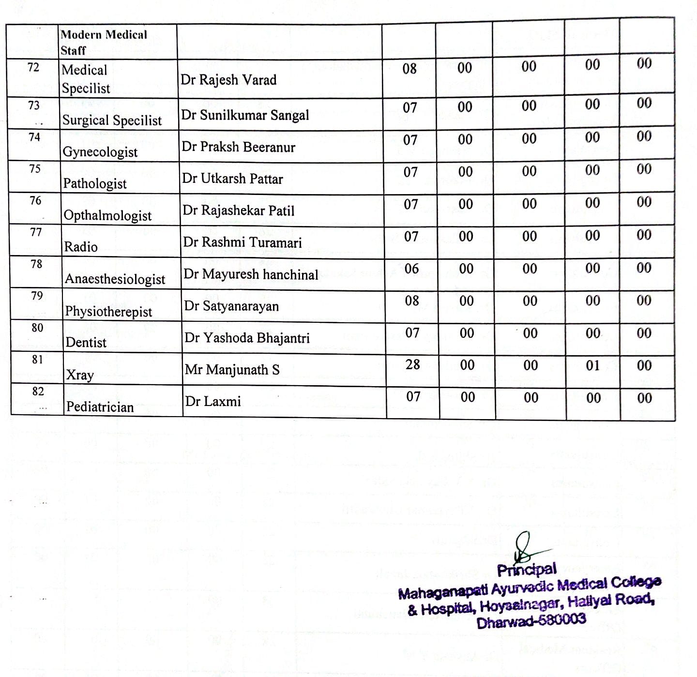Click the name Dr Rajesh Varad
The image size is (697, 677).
[x=228, y=79]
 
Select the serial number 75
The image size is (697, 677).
[x=35, y=169]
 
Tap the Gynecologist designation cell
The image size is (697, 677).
[x=100, y=152]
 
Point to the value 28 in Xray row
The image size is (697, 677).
[x=412, y=364]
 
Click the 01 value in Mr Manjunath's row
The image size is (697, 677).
[x=593, y=365]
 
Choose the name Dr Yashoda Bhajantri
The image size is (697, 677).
[x=247, y=338]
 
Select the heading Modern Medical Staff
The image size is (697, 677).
[x=104, y=42]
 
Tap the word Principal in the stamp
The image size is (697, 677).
[x=527, y=570]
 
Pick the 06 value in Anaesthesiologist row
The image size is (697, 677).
[x=411, y=269]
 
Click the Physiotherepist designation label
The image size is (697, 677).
[x=108, y=311]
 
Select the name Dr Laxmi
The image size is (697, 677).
[x=213, y=401]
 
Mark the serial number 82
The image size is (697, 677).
[x=38, y=391]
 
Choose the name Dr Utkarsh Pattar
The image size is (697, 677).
[x=232, y=179]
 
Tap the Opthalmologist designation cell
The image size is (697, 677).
[x=108, y=215]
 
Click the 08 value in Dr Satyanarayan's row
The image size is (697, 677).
[x=412, y=301]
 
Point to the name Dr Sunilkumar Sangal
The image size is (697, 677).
[x=245, y=115]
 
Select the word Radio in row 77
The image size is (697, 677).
[x=81, y=247]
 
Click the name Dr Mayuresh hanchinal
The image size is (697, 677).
[x=251, y=274]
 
